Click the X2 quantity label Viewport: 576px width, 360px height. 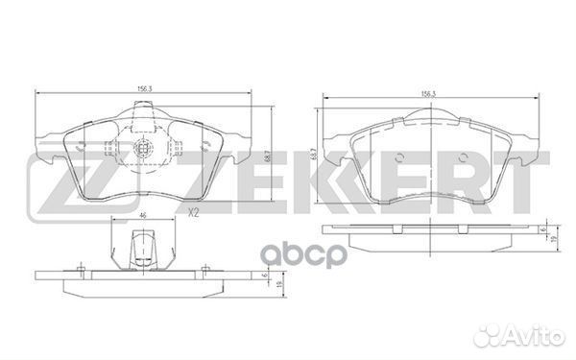tap(195, 212)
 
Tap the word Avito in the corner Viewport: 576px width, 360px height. tap(542, 340)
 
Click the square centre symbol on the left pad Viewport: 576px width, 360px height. tap(142, 150)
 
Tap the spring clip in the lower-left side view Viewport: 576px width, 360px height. tap(142, 252)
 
